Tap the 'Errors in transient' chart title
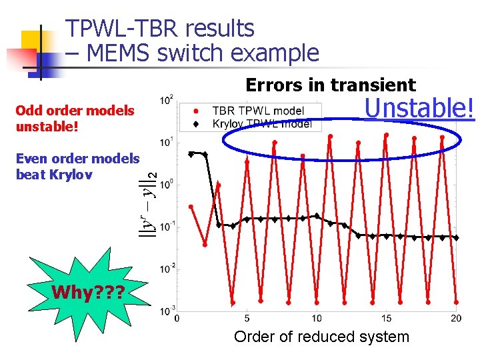point(331,85)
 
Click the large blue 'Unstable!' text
point(419,107)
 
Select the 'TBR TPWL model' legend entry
point(257,111)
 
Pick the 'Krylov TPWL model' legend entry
point(261,123)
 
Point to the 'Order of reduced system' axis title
point(321,337)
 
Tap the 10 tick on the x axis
point(317,319)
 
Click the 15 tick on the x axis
point(387,319)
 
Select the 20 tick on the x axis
point(456,319)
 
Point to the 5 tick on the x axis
point(247,319)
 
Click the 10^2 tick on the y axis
point(167,99)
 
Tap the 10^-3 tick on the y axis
point(166,311)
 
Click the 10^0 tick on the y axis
point(167,184)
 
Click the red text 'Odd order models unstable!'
point(75,117)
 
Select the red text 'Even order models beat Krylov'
point(77,166)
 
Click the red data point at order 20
point(456,301)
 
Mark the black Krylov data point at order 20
point(456,237)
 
